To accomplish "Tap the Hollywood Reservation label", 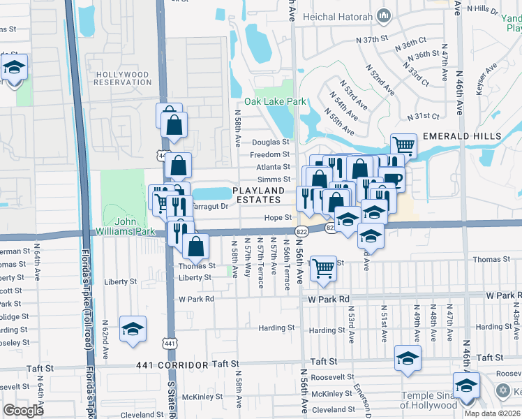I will pyautogui.click(x=124, y=78).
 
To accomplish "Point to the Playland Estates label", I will pyautogui.click(x=259, y=195).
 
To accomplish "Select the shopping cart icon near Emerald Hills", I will pyautogui.click(x=403, y=145).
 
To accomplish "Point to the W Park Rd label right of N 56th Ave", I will pyautogui.click(x=329, y=299).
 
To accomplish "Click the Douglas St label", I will pyautogui.click(x=271, y=141).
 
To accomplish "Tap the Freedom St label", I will pyautogui.click(x=270, y=154).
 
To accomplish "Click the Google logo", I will pyautogui.click(x=24, y=411).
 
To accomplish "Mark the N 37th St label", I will pyautogui.click(x=371, y=40).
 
